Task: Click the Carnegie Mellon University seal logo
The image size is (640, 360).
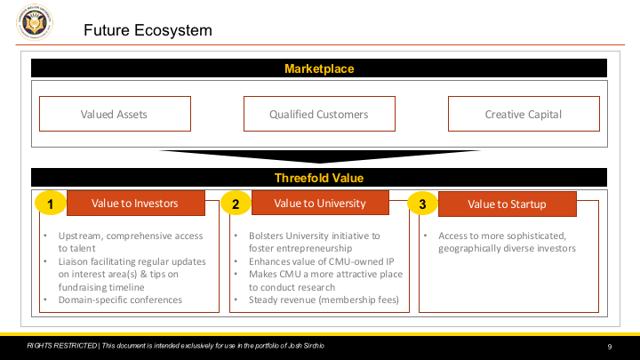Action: coord(35,22)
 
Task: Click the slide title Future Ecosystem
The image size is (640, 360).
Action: coord(148,30)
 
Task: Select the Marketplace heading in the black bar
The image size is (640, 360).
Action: coord(319,68)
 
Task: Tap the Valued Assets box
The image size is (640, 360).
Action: coord(115,114)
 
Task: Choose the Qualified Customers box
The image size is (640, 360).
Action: coord(319,114)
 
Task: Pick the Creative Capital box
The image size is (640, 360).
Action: coord(524,114)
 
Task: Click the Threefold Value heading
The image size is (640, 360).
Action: coord(319,178)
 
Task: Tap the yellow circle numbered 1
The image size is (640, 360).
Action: coord(50,204)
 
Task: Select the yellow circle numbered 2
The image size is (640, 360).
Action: coord(236,204)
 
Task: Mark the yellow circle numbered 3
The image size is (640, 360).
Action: coord(422,204)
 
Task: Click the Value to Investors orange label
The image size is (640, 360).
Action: coord(136,203)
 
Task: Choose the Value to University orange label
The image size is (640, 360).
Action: coord(320,203)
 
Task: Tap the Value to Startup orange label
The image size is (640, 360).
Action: coord(508,204)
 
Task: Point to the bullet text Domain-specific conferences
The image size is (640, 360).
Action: coord(120,300)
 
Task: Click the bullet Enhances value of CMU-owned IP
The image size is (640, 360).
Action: coord(322,261)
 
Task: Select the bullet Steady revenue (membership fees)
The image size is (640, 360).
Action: coord(324,300)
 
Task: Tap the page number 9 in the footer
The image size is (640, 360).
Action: coord(610,347)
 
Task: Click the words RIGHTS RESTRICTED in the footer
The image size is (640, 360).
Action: coord(62,346)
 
